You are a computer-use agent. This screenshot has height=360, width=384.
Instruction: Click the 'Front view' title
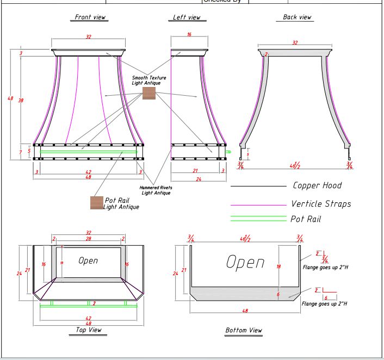(x=90, y=17)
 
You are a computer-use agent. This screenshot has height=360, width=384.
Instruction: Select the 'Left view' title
(x=187, y=17)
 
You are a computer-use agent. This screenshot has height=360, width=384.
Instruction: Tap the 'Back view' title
(x=298, y=17)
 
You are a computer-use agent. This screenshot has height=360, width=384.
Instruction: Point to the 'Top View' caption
(x=88, y=330)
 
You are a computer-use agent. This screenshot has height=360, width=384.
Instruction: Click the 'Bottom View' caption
(x=244, y=330)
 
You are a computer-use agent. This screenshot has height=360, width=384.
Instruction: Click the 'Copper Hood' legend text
(x=317, y=185)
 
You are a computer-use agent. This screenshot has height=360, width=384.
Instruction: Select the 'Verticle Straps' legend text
(x=321, y=204)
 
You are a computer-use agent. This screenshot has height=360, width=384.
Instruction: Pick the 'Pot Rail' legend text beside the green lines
(x=305, y=219)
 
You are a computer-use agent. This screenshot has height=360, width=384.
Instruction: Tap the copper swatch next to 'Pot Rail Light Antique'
(x=97, y=203)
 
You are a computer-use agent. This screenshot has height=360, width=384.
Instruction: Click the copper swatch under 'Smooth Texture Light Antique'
(x=149, y=94)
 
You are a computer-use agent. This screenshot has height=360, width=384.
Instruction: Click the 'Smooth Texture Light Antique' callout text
(x=149, y=80)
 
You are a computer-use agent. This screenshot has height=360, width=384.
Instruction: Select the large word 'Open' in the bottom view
(x=245, y=262)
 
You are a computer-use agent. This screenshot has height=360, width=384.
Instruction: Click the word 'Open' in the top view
(x=88, y=260)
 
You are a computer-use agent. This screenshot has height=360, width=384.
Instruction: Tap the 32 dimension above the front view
(x=88, y=37)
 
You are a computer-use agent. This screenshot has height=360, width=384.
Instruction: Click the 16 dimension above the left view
(x=189, y=34)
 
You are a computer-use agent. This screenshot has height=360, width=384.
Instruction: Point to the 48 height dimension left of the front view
(x=10, y=98)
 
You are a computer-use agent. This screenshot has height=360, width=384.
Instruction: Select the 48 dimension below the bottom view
(x=245, y=311)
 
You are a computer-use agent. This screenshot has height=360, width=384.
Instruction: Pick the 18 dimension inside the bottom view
(x=278, y=266)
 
